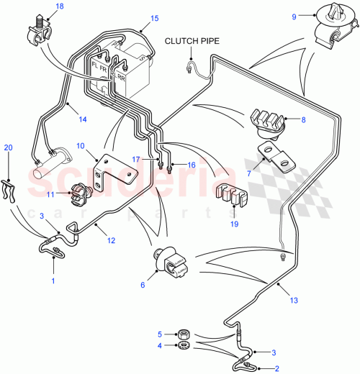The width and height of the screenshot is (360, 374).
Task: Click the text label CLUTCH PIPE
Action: click(x=192, y=41)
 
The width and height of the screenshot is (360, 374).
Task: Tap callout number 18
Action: click(x=59, y=6)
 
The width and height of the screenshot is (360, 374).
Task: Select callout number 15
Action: click(x=154, y=19)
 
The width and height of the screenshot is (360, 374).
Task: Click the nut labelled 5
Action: click(x=184, y=334)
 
